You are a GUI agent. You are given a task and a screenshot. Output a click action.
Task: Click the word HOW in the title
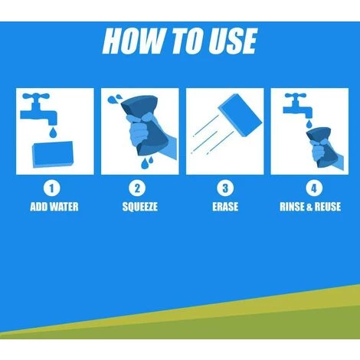click(x=133, y=41)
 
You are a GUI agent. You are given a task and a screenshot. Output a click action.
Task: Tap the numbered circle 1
click(x=52, y=188)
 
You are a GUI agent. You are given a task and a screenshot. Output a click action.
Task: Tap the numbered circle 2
click(x=137, y=188)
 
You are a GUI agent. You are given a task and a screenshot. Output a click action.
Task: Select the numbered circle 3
click(x=225, y=188)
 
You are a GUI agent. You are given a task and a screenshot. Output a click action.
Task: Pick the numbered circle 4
click(x=314, y=188)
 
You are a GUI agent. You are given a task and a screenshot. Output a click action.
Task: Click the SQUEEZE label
click(x=139, y=207)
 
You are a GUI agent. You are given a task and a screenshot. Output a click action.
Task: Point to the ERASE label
click(x=225, y=207)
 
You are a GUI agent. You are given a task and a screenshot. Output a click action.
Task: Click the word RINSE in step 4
click(x=292, y=207)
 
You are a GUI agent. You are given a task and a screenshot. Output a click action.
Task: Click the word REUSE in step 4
click(x=327, y=207)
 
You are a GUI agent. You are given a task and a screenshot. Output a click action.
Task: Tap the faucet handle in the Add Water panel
click(x=35, y=97)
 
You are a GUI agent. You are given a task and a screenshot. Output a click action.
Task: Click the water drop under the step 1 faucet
click(x=53, y=133)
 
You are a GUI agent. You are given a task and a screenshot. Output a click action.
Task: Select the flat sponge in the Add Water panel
click(x=53, y=154)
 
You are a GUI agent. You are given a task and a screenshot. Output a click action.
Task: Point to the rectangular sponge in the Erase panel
click(x=241, y=115)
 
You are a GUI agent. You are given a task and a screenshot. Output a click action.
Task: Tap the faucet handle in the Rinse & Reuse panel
click(x=296, y=96)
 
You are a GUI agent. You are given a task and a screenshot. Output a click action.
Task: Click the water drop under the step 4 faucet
click(x=309, y=124)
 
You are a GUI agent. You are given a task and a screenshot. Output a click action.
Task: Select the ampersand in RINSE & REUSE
click(x=309, y=207)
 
